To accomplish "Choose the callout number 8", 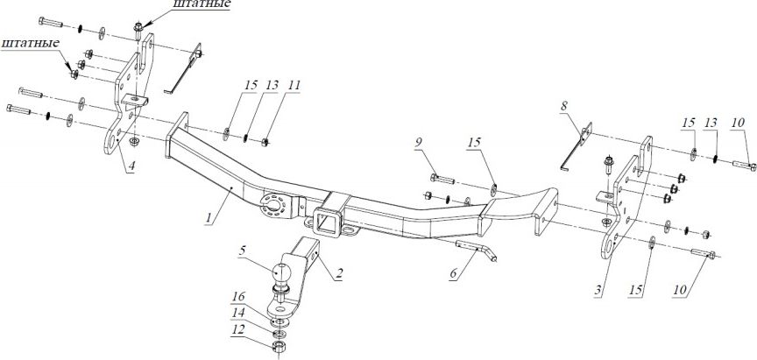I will (x=564, y=107).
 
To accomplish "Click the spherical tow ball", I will (x=284, y=272).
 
